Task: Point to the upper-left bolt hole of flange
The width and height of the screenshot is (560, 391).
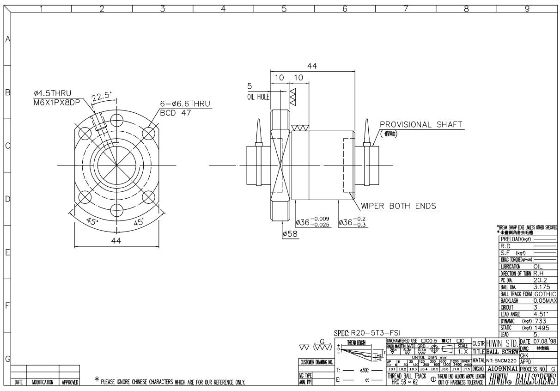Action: (x=85, y=133)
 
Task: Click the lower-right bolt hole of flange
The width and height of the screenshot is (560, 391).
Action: (x=149, y=197)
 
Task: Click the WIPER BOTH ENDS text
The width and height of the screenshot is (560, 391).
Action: (x=399, y=206)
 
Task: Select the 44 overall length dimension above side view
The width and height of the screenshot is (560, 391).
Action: (x=312, y=67)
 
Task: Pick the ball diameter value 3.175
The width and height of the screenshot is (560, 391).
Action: (x=542, y=287)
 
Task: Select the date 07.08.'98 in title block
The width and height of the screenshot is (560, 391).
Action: (x=546, y=341)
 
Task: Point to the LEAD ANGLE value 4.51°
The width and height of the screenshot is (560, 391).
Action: (x=541, y=313)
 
